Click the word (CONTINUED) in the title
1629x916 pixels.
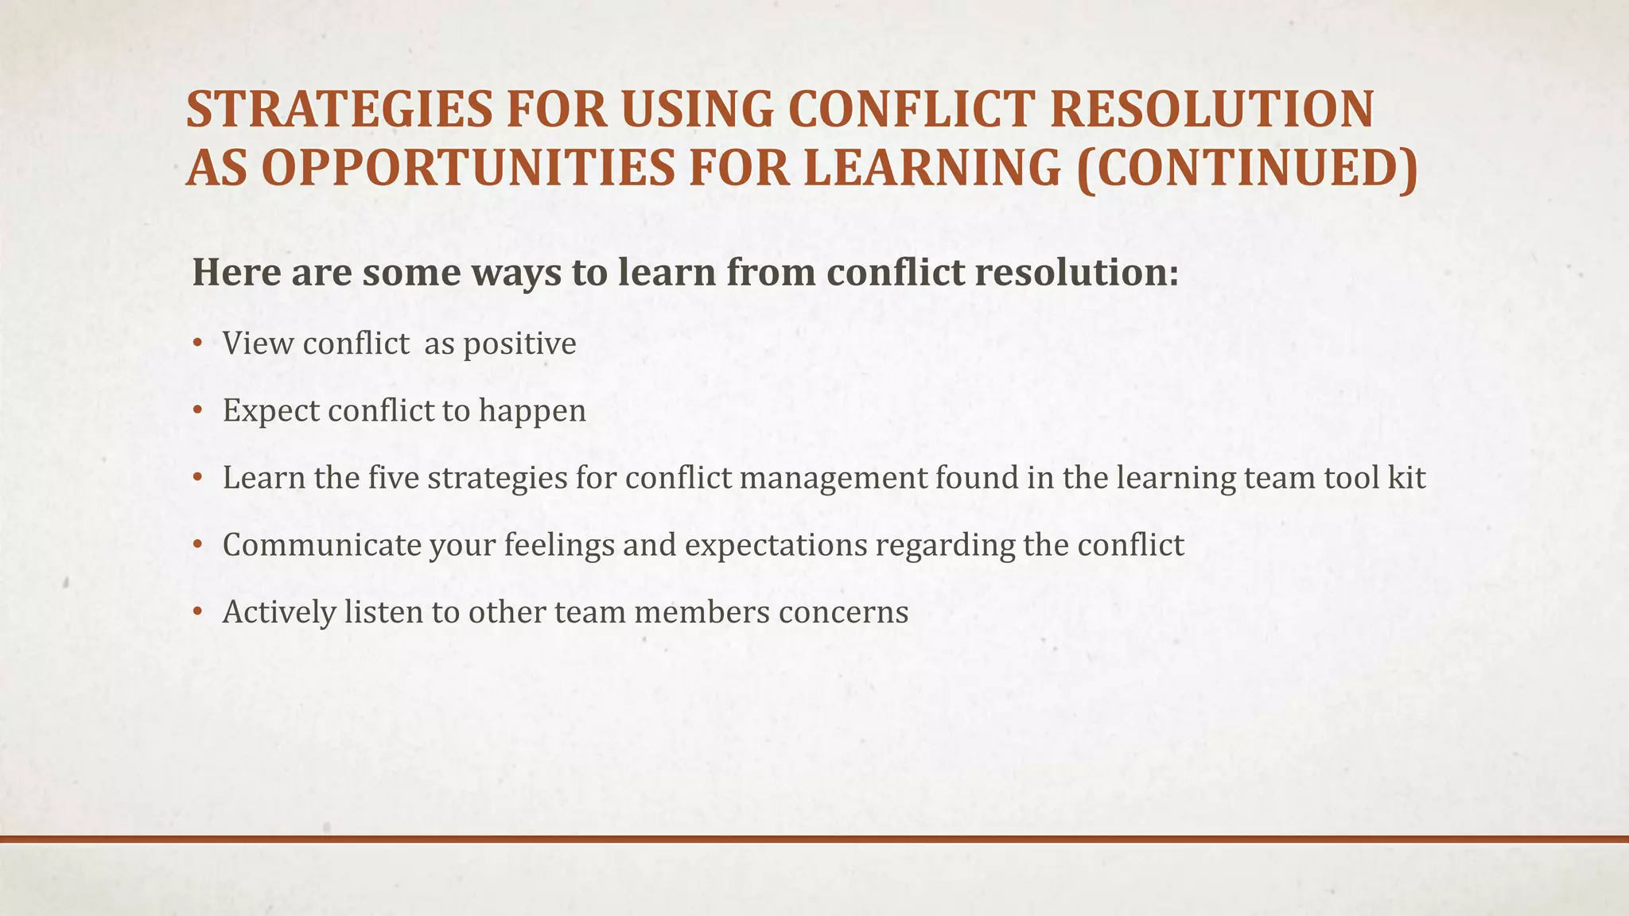[1246, 169]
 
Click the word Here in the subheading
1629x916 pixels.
[236, 273]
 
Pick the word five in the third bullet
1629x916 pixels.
[394, 478]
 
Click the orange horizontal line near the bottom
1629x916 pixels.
[814, 839]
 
